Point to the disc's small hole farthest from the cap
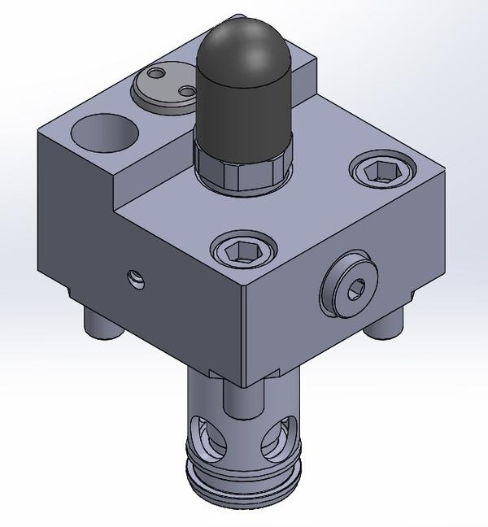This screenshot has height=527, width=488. click(x=155, y=79)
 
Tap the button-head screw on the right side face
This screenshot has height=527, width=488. click(x=351, y=287)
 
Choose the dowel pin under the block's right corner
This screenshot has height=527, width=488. click(x=384, y=323)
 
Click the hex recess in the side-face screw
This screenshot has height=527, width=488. click(x=355, y=287)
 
